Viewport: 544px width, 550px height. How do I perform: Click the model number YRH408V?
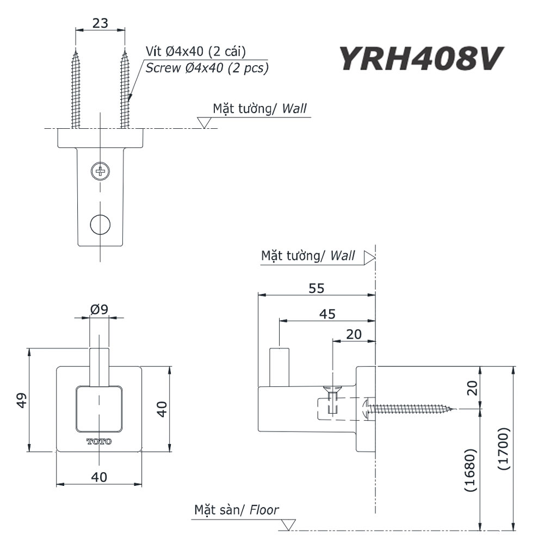point(418,59)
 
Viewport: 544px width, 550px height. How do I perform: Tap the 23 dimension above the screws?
point(100,23)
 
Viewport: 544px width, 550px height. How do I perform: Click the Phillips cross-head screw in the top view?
point(100,171)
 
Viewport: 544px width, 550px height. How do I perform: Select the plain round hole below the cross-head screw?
point(100,223)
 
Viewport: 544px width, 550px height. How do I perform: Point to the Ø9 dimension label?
point(99,310)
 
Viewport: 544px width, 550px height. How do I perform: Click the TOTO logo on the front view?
point(99,441)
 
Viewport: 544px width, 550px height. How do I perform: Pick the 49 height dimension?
point(21,401)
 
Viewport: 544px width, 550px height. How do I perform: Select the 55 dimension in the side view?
point(316,288)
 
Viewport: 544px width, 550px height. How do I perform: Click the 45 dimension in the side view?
point(327,314)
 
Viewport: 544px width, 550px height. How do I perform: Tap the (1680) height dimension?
point(471,470)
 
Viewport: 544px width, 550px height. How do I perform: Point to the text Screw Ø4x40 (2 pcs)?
point(207,68)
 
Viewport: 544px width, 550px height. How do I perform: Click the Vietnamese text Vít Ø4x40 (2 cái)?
point(196,52)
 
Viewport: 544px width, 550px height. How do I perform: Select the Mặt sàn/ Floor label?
point(237,510)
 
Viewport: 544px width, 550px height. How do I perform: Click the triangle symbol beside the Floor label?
point(288,524)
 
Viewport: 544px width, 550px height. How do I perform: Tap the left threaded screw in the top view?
point(76,90)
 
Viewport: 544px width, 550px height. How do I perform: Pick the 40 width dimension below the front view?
point(99,477)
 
